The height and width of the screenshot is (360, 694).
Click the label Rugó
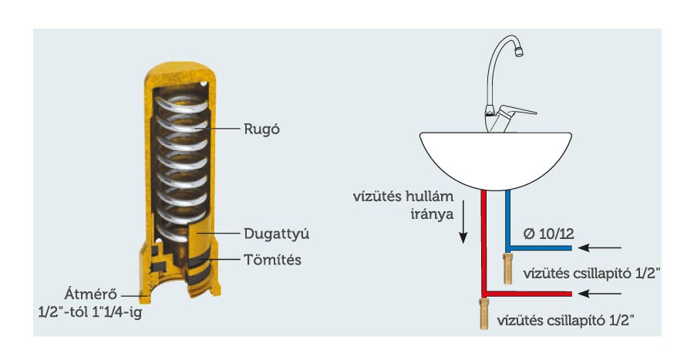pyautogui.click(x=261, y=130)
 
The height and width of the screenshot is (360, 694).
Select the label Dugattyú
pyautogui.click(x=276, y=234)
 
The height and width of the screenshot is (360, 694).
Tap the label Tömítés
pyautogui.click(x=272, y=260)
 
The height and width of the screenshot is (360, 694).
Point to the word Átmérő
pyautogui.click(x=91, y=294)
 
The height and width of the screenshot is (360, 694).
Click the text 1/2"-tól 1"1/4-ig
pyautogui.click(x=90, y=313)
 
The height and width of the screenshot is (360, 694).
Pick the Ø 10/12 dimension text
pyautogui.click(x=548, y=234)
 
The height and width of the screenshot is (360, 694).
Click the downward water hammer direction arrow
pyautogui.click(x=463, y=221)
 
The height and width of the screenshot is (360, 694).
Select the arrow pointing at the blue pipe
pyautogui.click(x=599, y=248)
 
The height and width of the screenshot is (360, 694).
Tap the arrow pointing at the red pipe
pyautogui.click(x=599, y=294)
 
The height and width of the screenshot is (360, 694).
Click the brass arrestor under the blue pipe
pyautogui.click(x=507, y=269)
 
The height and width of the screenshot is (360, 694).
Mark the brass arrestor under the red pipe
pyautogui.click(x=484, y=314)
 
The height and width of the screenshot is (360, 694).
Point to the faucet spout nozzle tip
pyautogui.click(x=519, y=52)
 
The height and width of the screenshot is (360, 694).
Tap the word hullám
pyautogui.click(x=429, y=197)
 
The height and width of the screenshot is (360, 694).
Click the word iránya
pyautogui.click(x=433, y=214)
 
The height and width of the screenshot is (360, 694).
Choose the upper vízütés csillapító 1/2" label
pyautogui.click(x=591, y=274)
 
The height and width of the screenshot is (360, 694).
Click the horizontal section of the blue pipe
pyautogui.click(x=539, y=248)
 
